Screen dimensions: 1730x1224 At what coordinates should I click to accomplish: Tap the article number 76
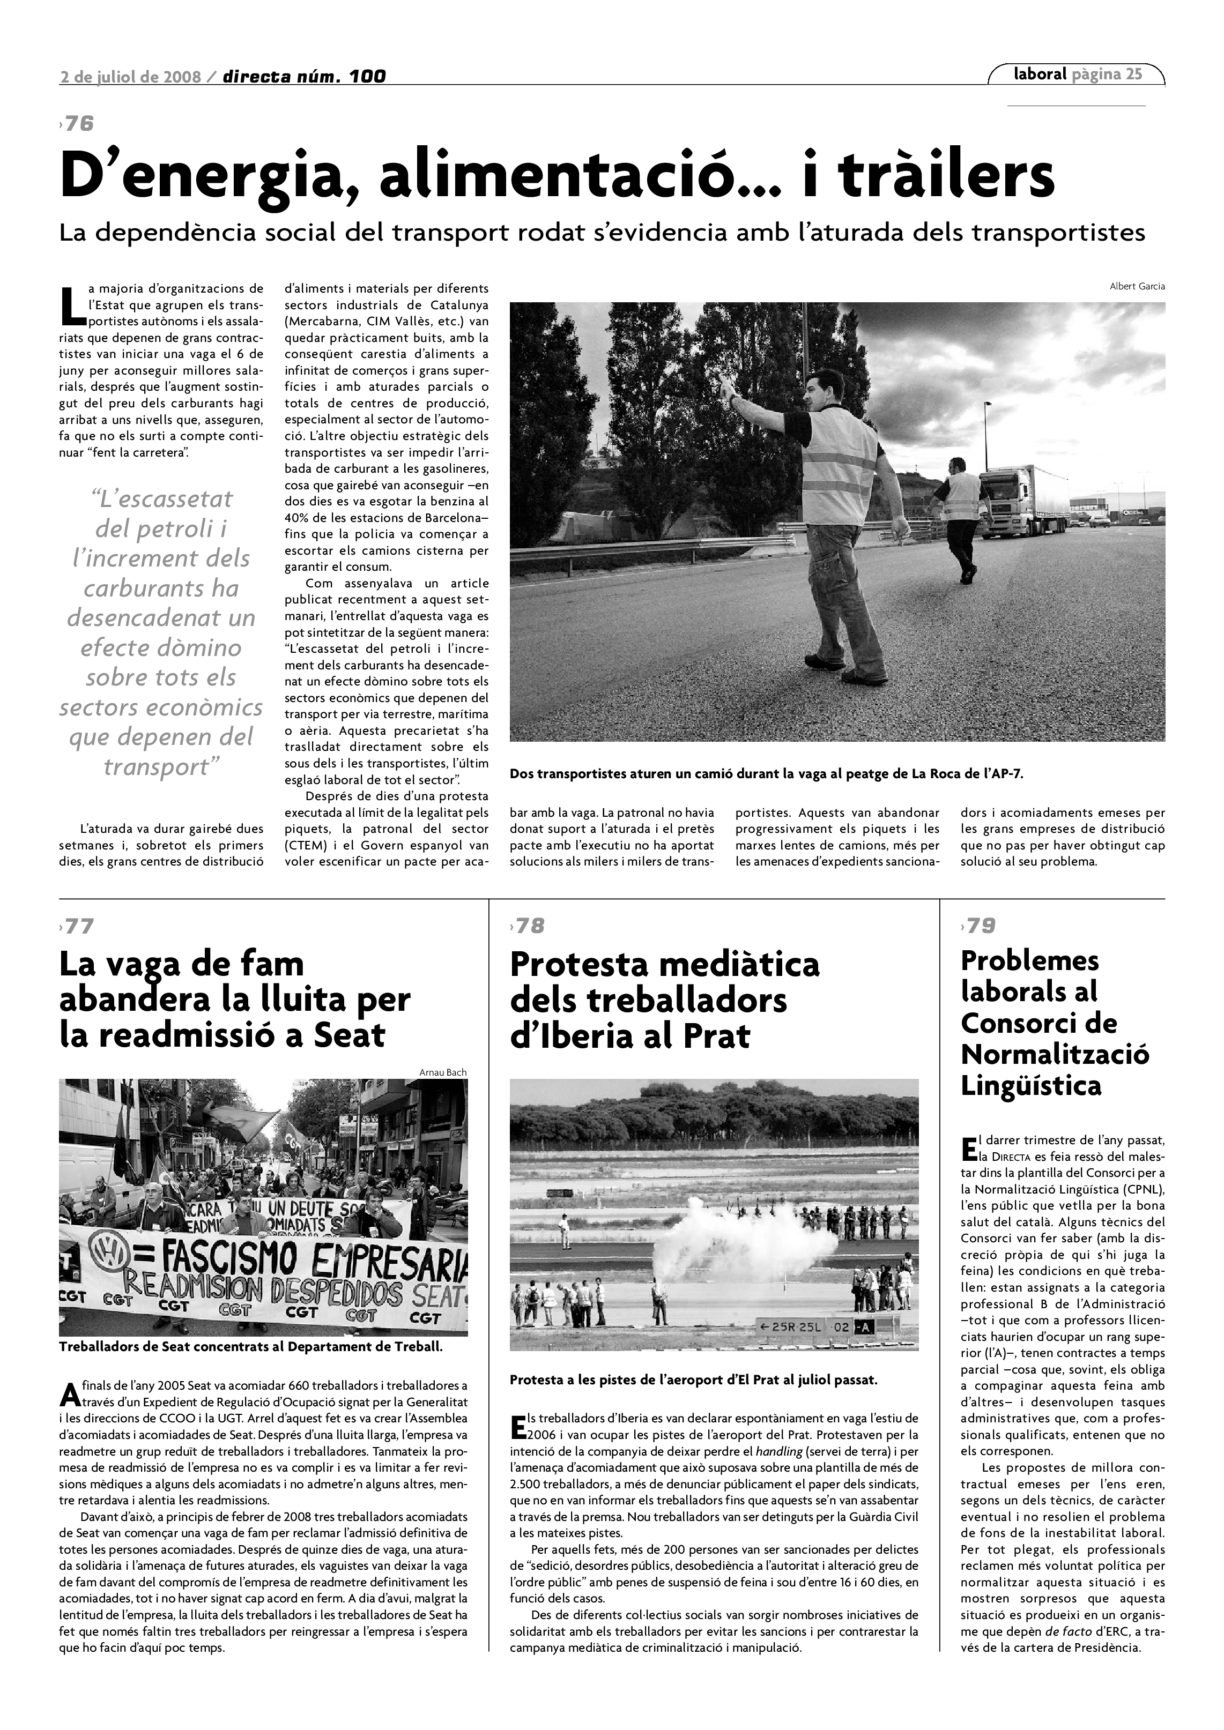(78, 124)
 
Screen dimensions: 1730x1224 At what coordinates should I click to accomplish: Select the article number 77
(78, 926)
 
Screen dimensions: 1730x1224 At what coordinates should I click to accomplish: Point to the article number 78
(529, 926)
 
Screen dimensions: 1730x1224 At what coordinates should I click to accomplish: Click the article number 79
(980, 926)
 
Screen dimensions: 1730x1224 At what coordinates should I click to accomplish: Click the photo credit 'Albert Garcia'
(1137, 286)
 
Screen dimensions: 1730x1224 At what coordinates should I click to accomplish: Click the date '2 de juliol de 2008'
(130, 77)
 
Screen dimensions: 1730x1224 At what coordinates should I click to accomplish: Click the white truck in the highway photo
(1027, 501)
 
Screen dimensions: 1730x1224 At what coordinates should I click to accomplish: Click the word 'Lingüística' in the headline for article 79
(1031, 1086)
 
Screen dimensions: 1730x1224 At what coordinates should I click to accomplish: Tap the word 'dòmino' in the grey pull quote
(200, 647)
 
